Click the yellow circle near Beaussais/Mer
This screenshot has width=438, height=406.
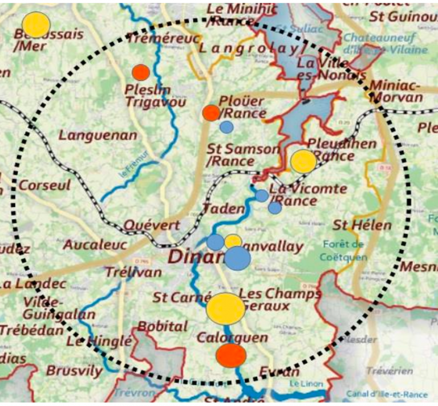[x=36, y=25]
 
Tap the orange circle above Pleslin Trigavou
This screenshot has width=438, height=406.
[x=141, y=72]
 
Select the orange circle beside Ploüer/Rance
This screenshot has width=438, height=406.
[x=211, y=112]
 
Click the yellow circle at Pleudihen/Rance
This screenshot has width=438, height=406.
[x=303, y=161]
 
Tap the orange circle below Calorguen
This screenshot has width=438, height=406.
[x=231, y=355]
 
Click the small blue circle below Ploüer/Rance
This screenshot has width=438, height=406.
[x=226, y=127]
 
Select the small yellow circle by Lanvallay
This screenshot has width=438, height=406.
[x=233, y=242]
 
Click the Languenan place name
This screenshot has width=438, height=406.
[x=98, y=136]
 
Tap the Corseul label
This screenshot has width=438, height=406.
[x=45, y=186]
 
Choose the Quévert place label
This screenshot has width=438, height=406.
[x=152, y=225]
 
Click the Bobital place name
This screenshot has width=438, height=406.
[x=162, y=327]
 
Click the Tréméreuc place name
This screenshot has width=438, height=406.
[x=164, y=38]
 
